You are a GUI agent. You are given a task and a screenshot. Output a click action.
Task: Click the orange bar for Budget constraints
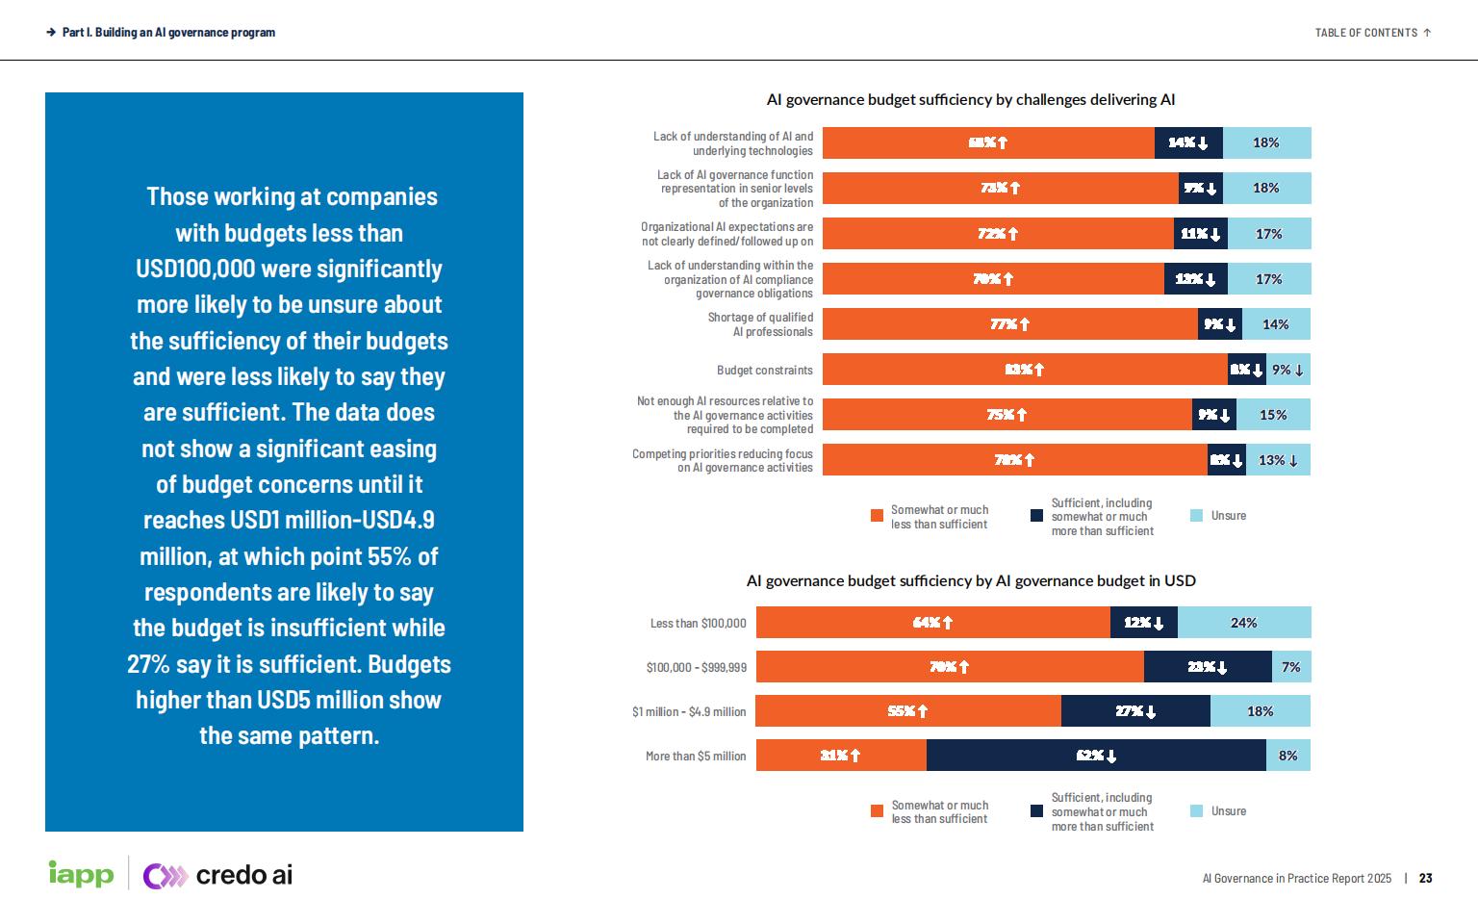pos(1025,370)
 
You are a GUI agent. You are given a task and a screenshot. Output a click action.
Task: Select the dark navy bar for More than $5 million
pos(1096,756)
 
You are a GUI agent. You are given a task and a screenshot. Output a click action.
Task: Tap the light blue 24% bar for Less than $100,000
pos(1244,623)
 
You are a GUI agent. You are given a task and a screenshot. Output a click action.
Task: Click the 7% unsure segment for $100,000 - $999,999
pos(1291,667)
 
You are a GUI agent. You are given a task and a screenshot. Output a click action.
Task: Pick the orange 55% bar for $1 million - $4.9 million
pos(908,711)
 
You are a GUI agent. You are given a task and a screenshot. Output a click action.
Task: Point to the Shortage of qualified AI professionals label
pos(760,324)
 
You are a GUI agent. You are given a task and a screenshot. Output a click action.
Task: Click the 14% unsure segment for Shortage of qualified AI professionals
pos(1276,324)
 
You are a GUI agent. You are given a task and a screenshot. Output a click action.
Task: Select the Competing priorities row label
pos(722,460)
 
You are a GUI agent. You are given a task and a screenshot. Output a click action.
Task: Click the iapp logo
pos(81,874)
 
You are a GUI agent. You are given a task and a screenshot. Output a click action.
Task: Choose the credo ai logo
pos(218,875)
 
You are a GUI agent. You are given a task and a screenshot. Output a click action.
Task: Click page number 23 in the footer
pos(1426,878)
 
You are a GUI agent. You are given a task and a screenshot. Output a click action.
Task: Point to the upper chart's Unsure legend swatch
pos(1197,516)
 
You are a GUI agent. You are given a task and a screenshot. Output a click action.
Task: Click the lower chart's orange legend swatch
pos(877,811)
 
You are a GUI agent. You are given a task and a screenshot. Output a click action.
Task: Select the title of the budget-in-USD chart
pos(971,580)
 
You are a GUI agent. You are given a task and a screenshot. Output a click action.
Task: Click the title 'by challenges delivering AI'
pos(971,100)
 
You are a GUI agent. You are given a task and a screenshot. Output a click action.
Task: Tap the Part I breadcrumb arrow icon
pos(50,33)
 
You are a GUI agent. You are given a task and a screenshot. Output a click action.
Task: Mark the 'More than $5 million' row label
pos(696,757)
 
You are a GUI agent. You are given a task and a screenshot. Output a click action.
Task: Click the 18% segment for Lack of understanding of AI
pos(1266,142)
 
